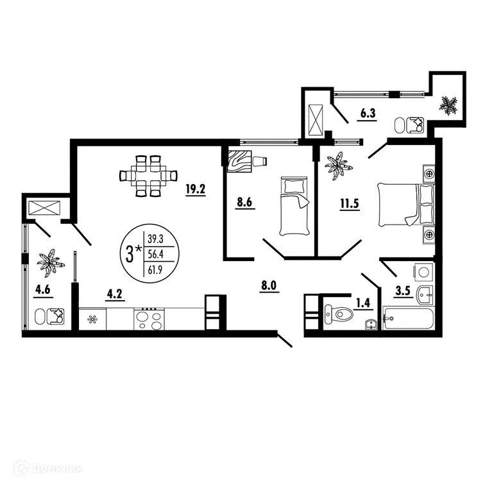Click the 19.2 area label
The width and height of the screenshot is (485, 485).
point(194,191)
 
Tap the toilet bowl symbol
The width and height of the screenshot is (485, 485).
point(338,314)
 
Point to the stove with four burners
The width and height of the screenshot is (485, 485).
point(149,318)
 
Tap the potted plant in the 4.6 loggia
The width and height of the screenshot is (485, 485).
point(50,263)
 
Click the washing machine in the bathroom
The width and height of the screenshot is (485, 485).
point(423,272)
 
